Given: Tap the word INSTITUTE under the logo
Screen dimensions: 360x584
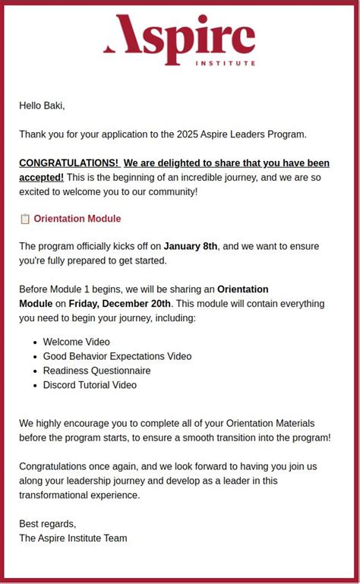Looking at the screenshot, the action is pyautogui.click(x=225, y=63).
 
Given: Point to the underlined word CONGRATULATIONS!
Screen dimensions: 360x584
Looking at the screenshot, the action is pyautogui.click(x=68, y=163).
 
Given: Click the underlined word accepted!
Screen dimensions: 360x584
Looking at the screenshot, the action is pyautogui.click(x=41, y=178).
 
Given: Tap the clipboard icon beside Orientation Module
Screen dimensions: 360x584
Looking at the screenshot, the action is pyautogui.click(x=24, y=219).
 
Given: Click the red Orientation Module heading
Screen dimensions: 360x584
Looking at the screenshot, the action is pyautogui.click(x=77, y=219).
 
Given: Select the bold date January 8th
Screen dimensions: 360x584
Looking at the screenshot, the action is pyautogui.click(x=190, y=246).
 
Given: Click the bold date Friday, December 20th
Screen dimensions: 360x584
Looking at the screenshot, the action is pyautogui.click(x=120, y=304).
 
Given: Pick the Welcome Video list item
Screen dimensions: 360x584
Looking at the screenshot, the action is pyautogui.click(x=76, y=342).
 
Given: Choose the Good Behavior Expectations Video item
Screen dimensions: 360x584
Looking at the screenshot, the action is pyautogui.click(x=117, y=356).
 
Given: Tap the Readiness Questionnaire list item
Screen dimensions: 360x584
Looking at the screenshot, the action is pyautogui.click(x=96, y=371).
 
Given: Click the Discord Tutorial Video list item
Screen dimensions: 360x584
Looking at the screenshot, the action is pyautogui.click(x=90, y=385).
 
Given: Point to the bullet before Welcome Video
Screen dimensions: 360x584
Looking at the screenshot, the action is pyautogui.click(x=35, y=343).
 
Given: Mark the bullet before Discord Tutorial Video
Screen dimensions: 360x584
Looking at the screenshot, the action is pyautogui.click(x=35, y=386).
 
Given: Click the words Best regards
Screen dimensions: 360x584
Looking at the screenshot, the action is pyautogui.click(x=47, y=524).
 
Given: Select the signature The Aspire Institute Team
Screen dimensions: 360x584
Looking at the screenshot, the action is pyautogui.click(x=73, y=538).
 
